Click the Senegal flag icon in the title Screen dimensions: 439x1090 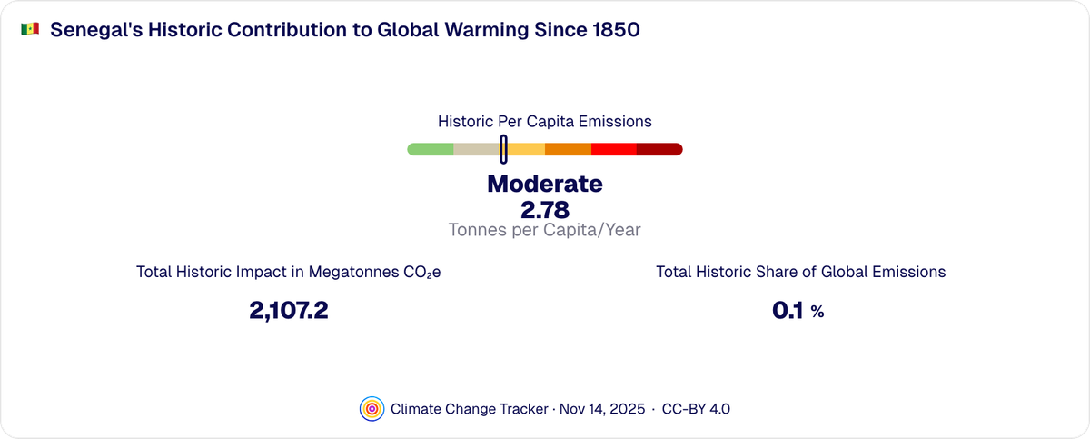(x=29, y=30)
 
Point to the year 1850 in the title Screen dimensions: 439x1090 (x=616, y=30)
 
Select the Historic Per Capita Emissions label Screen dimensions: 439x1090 (x=544, y=121)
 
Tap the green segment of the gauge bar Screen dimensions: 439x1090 (x=431, y=149)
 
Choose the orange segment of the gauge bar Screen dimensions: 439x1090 (x=568, y=149)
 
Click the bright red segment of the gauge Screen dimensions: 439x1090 (x=613, y=149)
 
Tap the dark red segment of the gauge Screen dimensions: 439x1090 (x=659, y=149)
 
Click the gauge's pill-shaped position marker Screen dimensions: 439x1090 (x=503, y=149)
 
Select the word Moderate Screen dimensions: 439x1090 (x=544, y=184)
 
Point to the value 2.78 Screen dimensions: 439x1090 (x=544, y=209)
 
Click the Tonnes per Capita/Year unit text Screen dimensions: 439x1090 (x=544, y=230)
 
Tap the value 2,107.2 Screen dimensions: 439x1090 (x=288, y=311)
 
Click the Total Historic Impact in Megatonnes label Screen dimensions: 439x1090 (x=288, y=272)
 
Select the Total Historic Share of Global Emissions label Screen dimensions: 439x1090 (x=800, y=272)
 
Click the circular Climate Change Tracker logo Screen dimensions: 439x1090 (x=371, y=409)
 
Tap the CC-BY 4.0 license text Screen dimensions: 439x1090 (x=696, y=409)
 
